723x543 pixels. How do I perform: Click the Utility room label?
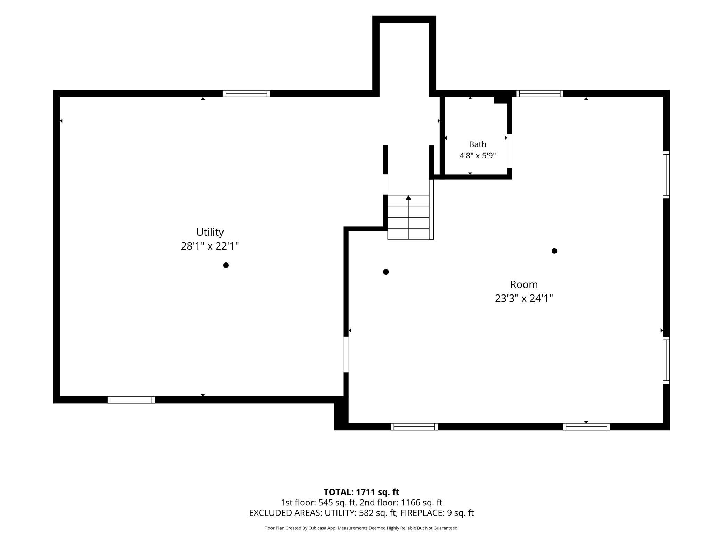pos(210,232)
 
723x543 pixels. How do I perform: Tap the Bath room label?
pos(478,144)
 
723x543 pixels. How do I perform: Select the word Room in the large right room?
pos(524,284)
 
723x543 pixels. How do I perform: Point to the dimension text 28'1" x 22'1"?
pos(210,246)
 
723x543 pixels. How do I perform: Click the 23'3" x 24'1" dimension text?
pos(524,298)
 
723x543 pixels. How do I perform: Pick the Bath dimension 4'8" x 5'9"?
pos(478,156)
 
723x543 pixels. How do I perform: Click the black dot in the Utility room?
pos(226,265)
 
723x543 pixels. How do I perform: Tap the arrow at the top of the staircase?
pos(408,198)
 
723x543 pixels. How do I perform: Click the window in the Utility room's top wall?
pos(246,93)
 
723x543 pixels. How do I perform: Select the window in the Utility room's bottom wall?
pos(131,400)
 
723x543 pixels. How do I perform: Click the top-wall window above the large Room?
pos(540,93)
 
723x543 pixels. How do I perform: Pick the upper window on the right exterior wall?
pos(666,175)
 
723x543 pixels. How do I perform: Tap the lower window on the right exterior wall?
pos(666,360)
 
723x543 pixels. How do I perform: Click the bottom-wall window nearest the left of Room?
pos(414,427)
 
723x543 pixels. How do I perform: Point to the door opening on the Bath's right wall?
pos(509,151)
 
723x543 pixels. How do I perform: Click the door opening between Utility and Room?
pos(346,354)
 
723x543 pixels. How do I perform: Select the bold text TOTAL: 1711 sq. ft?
pos(361,492)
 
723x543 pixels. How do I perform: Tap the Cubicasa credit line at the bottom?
pos(361,528)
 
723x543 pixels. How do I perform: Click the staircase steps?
pos(408,217)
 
